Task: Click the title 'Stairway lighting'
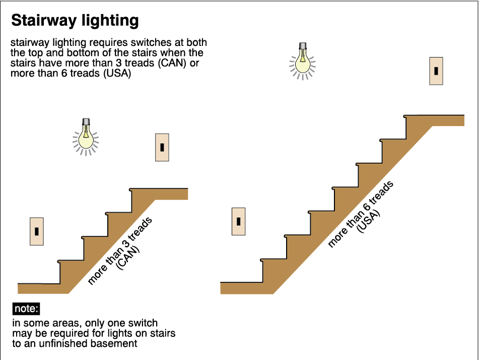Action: coord(75,21)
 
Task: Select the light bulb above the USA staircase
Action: coord(302,60)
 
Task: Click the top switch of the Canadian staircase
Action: coord(162,147)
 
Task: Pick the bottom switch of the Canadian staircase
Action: coord(37,231)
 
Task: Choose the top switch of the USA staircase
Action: coord(436,71)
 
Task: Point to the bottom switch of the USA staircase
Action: coord(238,221)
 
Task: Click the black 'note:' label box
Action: coord(26,309)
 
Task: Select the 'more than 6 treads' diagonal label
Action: coord(360,214)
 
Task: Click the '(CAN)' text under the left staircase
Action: coord(129,258)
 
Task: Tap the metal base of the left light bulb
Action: coord(86,122)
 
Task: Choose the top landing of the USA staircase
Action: coord(438,120)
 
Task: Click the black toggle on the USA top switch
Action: coord(436,71)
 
